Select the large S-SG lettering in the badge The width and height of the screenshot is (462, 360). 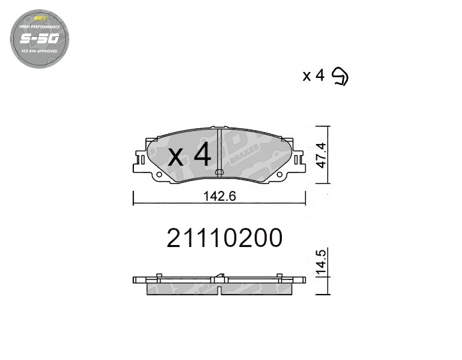40,39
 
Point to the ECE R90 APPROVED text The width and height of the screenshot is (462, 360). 40,51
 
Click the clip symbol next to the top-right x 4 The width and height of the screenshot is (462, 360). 340,76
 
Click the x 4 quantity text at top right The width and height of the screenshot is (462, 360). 313,76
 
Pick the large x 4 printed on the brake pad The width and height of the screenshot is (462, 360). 189,156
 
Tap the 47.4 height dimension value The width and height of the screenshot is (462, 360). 321,155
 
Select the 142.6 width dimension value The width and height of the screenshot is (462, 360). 220,196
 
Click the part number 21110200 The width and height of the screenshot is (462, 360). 224,238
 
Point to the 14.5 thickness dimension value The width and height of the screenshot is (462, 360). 321,262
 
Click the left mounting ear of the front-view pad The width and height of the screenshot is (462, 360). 139,160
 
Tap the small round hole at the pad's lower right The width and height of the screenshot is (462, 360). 279,174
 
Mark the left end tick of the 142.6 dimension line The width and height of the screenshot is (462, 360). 134,196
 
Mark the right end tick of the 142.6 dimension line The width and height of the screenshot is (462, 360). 306,196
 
